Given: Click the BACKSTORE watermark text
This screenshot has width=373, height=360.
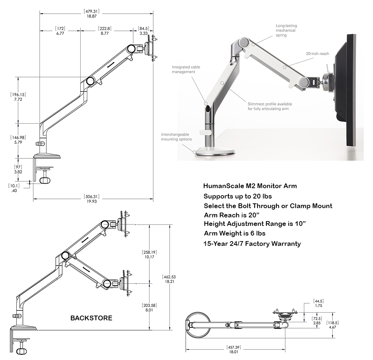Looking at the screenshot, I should click(x=91, y=318).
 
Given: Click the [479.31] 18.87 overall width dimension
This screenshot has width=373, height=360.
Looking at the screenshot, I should click(x=92, y=14).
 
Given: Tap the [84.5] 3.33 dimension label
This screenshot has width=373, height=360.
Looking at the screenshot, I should click(x=143, y=31).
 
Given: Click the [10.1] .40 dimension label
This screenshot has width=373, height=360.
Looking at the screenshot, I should click(x=14, y=188).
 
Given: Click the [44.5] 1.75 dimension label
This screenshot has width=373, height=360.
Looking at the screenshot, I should click(x=318, y=303).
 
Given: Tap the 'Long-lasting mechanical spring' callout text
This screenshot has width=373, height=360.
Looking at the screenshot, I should click(x=286, y=30).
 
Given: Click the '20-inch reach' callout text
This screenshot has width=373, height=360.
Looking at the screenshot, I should click(x=317, y=54).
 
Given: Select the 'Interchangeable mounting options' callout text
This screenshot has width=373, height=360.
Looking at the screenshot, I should click(x=176, y=137).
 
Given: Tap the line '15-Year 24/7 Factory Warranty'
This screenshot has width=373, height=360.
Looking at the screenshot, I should click(x=252, y=243).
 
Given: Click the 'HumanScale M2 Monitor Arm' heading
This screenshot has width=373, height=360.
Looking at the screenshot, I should click(x=250, y=186).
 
